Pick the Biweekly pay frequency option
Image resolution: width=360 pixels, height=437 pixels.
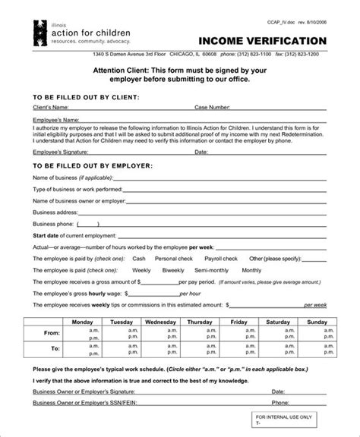(173, 270)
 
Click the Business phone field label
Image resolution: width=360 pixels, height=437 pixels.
(53, 223)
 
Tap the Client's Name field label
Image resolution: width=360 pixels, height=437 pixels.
(51, 108)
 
